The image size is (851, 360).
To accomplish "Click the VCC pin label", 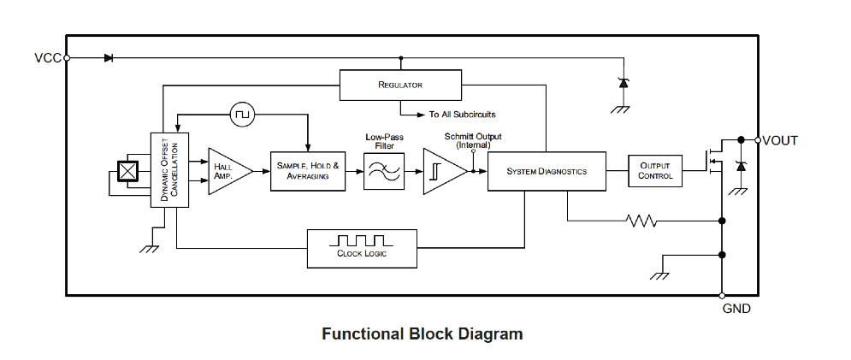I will [x=48, y=58].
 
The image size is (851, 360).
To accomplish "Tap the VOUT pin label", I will [x=780, y=140].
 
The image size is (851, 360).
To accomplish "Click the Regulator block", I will [x=400, y=85].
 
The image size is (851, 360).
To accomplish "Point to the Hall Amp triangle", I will [x=227, y=170].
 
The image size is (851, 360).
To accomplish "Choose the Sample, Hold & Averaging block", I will [x=308, y=170].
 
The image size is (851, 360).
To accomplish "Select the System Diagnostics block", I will [x=547, y=171].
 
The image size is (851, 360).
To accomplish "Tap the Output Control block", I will [x=656, y=171].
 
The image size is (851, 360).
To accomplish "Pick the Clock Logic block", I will [x=362, y=248].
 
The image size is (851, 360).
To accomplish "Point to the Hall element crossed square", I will [x=127, y=171].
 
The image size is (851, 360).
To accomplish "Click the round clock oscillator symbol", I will [x=241, y=113].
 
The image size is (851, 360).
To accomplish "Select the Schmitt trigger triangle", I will [x=444, y=171].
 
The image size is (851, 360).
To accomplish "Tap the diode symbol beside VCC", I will [x=109, y=58].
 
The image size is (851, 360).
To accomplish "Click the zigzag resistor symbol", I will [x=641, y=221].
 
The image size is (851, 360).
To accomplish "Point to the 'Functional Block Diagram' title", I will [x=422, y=333].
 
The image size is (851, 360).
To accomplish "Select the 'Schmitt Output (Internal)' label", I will [x=472, y=140].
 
